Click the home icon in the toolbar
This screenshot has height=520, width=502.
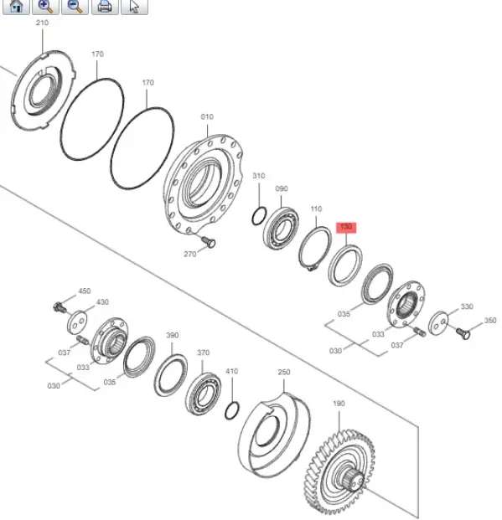point(17,7)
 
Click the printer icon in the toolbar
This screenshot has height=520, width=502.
point(105,7)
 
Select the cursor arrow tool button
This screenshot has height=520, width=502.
point(134,7)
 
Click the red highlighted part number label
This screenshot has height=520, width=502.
point(346,228)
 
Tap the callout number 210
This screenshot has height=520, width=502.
point(42,23)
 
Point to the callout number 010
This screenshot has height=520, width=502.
point(207,116)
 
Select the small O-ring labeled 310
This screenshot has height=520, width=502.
point(259,216)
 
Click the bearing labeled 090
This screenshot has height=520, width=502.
point(281,228)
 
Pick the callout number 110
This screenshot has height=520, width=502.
point(316,209)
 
